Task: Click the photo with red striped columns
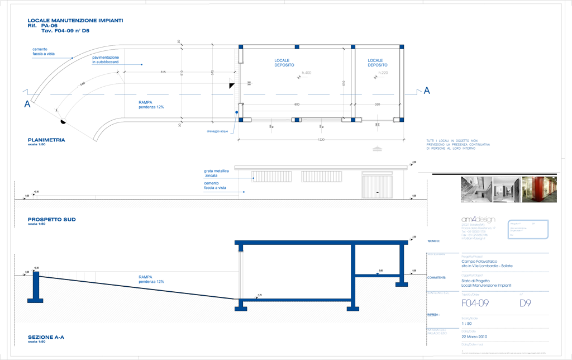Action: [540, 189]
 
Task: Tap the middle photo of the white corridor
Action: [507, 189]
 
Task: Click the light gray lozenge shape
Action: [378, 150]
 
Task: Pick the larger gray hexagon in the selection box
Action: [307, 73]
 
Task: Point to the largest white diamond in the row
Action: [84, 276]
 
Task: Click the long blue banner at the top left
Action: [78, 23]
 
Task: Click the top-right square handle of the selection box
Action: [402, 48]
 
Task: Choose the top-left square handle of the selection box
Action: [241, 48]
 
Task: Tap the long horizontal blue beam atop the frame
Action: [321, 242]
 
